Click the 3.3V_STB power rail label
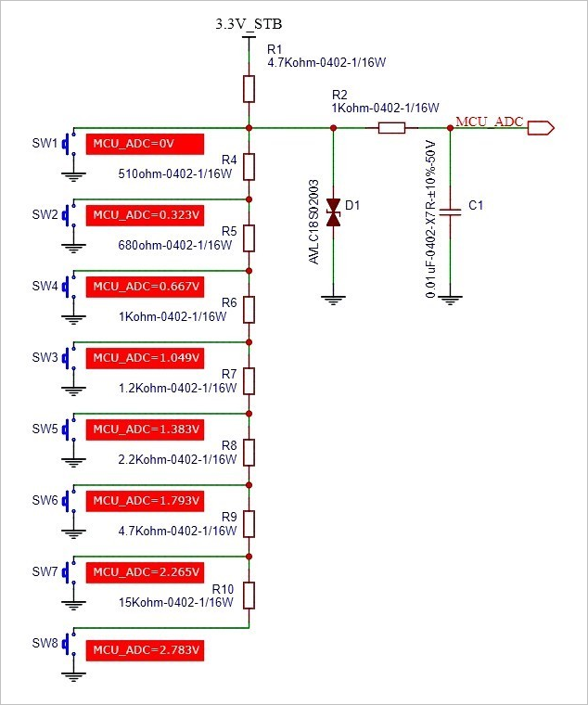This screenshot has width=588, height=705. (x=249, y=24)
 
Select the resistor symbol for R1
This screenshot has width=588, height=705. (x=249, y=89)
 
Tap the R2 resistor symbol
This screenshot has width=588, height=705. (x=391, y=128)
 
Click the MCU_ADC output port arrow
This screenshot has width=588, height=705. (x=541, y=128)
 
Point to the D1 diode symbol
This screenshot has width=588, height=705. (x=333, y=212)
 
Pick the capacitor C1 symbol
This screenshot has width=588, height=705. (x=450, y=212)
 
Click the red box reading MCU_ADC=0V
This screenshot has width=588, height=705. (x=145, y=144)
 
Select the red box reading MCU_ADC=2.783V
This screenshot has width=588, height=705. (x=145, y=650)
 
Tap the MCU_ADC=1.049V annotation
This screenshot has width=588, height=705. (x=145, y=358)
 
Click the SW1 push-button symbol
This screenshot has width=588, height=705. (x=69, y=143)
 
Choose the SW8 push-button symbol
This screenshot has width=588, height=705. (x=69, y=643)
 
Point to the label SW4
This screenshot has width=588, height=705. (x=45, y=286)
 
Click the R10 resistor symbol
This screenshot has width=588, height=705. (x=249, y=596)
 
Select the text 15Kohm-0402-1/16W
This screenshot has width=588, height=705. (x=176, y=602)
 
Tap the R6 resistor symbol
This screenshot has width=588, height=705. (x=249, y=310)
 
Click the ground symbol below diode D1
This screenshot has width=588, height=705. (x=333, y=300)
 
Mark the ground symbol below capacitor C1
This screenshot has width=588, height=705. (x=450, y=300)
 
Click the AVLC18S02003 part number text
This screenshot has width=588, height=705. (x=313, y=222)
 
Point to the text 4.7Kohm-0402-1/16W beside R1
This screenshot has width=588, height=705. (x=326, y=62)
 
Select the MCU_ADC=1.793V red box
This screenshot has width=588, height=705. (x=145, y=501)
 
